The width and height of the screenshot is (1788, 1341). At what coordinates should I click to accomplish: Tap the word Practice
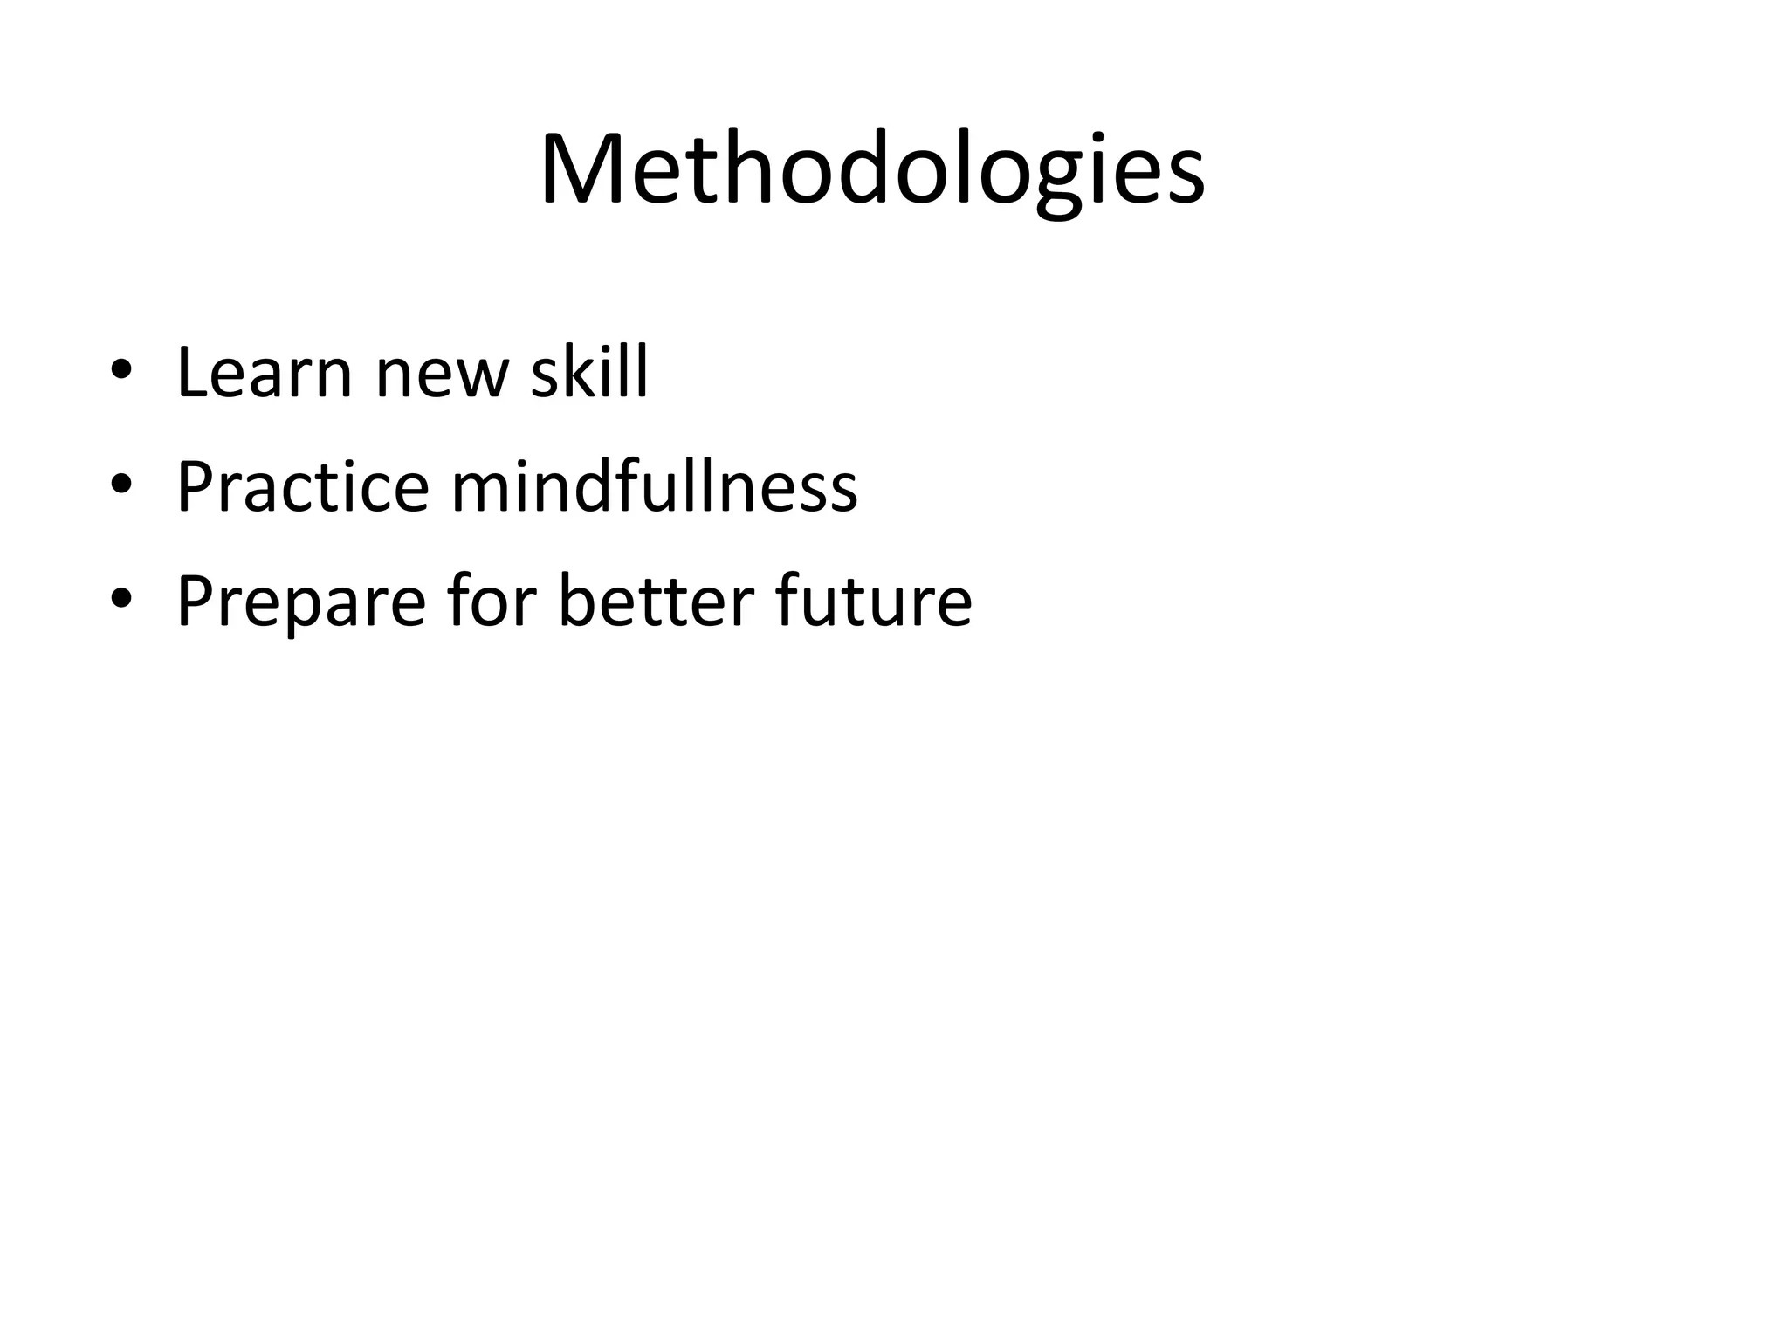pyautogui.click(x=303, y=486)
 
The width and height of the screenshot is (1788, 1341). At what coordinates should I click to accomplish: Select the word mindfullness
pyautogui.click(x=654, y=485)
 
